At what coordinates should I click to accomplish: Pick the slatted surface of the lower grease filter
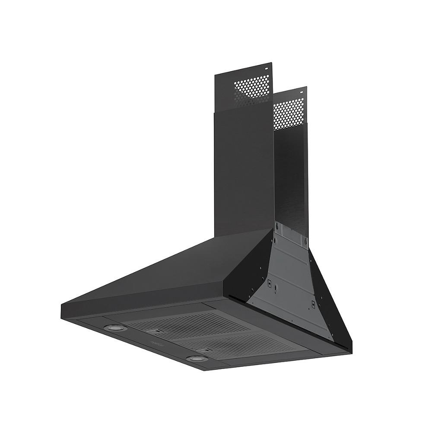click(242, 341)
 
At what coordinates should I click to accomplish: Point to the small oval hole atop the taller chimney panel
click(267, 68)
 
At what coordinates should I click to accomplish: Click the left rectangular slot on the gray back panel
click(269, 283)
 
